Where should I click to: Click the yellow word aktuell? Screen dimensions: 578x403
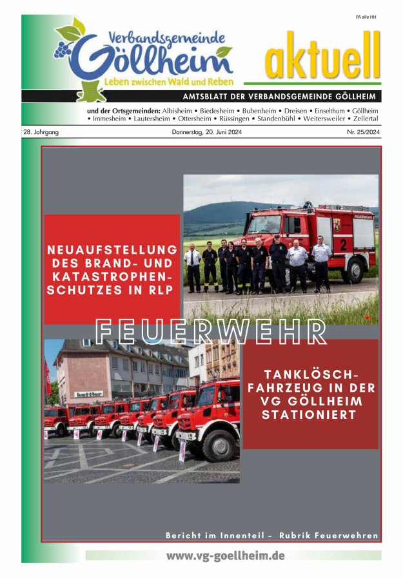click(x=321, y=57)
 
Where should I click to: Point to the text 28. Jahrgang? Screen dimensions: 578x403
click(x=40, y=132)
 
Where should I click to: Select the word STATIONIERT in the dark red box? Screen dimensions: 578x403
click(x=310, y=415)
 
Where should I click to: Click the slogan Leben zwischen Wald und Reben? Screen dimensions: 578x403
click(x=169, y=82)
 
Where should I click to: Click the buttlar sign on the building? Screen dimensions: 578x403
click(x=89, y=394)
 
